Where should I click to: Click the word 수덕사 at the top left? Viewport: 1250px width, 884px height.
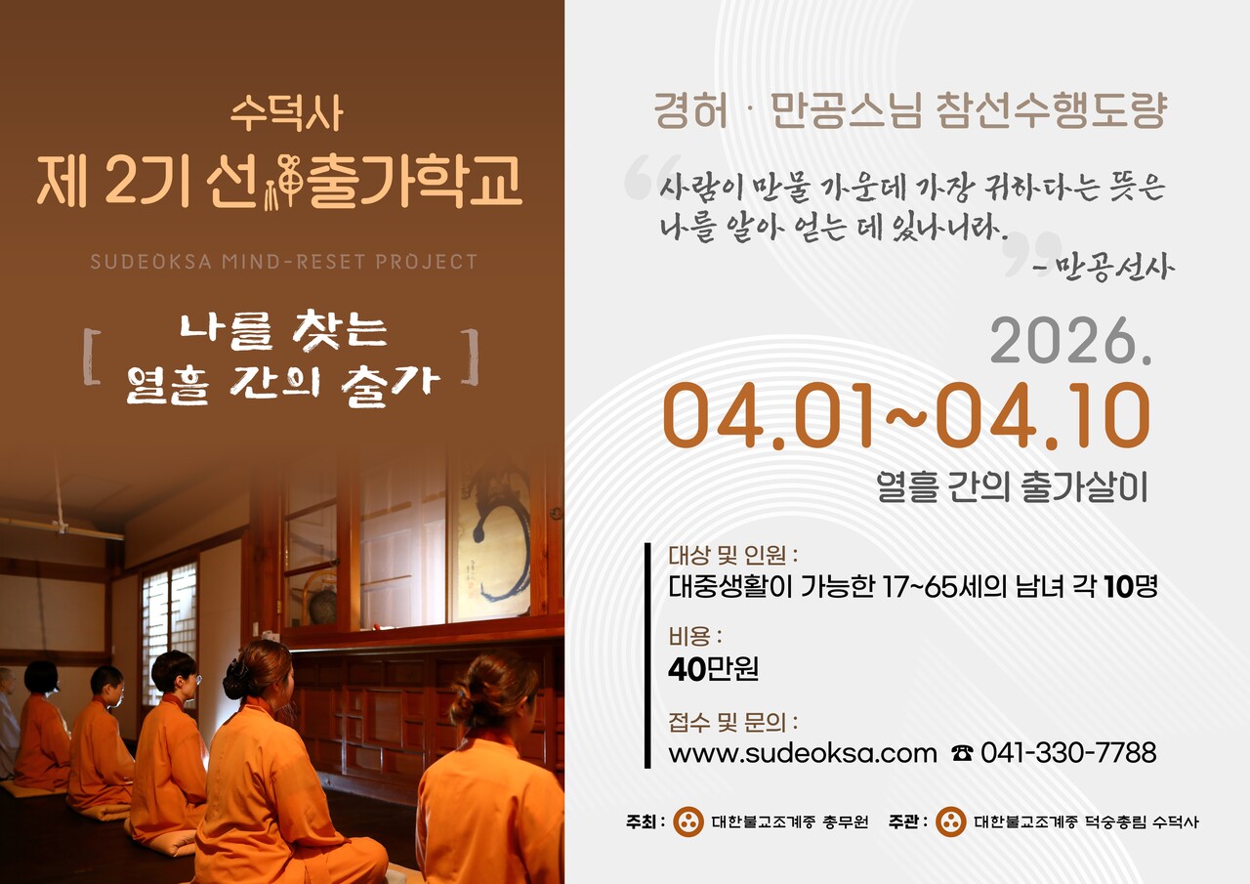pos(286,114)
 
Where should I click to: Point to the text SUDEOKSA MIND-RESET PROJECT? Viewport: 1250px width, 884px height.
pos(284,262)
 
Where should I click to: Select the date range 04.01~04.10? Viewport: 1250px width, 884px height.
pos(906,417)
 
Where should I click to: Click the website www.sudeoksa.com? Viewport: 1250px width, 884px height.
pos(803,753)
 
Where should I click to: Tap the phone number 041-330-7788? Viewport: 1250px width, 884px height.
pos(1068,753)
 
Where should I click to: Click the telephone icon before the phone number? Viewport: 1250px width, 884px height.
pos(962,754)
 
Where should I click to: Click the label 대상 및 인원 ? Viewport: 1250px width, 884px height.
pos(732,556)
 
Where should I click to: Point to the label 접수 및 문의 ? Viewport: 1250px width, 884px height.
pos(732,724)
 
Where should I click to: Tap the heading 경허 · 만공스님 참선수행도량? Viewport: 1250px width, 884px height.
pos(909,111)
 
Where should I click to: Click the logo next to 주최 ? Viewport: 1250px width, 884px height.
pos(688,821)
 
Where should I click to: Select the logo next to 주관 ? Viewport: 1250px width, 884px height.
pos(950,821)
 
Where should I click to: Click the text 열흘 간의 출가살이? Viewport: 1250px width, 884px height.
pos(1012,487)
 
